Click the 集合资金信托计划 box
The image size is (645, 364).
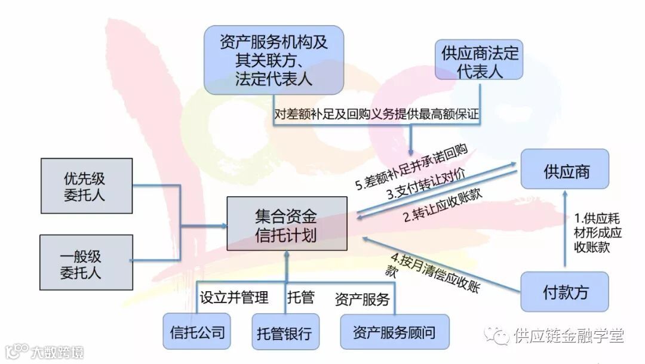(x=287, y=224)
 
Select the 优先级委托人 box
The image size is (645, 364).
(x=87, y=186)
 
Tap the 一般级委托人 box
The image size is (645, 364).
(x=87, y=263)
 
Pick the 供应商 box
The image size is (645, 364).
(x=565, y=172)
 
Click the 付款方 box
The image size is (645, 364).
(x=565, y=292)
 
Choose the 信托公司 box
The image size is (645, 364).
(x=197, y=332)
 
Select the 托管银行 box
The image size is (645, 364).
(x=284, y=332)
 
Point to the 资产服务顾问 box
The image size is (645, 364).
(x=394, y=332)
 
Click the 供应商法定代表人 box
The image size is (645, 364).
(x=480, y=61)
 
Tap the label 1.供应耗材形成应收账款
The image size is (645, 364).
(x=591, y=232)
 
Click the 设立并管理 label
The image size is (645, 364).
(x=234, y=297)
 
